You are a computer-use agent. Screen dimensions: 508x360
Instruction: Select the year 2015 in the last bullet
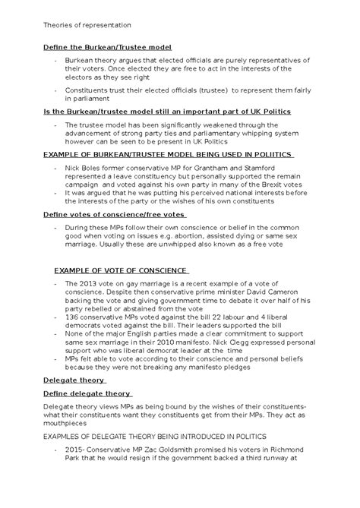(76, 450)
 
